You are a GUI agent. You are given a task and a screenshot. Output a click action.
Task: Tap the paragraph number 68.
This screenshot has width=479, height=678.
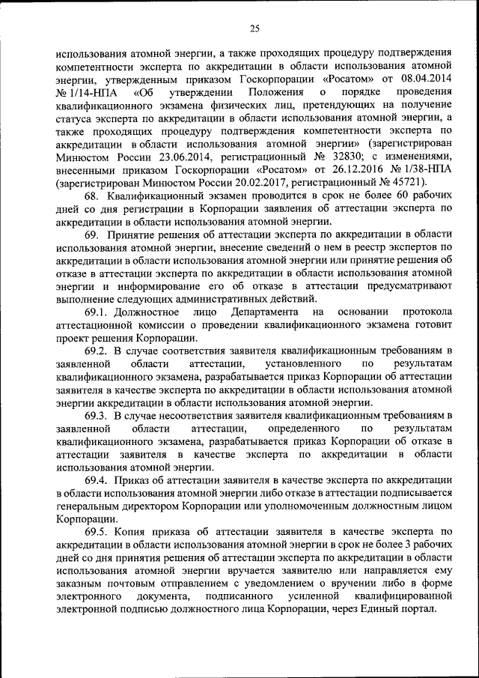93,197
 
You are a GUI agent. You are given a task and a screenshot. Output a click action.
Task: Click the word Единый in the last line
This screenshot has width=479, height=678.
370,608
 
